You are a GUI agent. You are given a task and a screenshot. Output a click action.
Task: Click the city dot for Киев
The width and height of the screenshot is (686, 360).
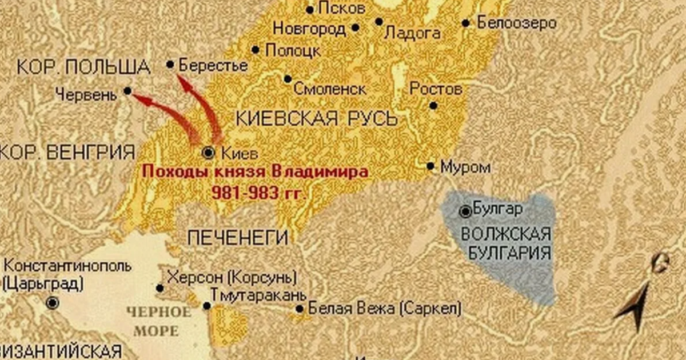[x=209, y=152]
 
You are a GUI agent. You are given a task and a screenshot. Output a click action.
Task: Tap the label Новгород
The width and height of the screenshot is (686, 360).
[x=309, y=28]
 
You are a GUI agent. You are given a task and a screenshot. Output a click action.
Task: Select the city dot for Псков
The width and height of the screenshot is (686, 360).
[x=310, y=10]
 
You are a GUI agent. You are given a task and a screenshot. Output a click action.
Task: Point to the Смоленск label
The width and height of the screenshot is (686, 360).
[x=330, y=89]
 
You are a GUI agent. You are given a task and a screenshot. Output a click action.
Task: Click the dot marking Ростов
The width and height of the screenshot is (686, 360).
[x=433, y=105]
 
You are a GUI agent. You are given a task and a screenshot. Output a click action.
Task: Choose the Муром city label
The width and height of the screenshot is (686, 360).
[x=465, y=167]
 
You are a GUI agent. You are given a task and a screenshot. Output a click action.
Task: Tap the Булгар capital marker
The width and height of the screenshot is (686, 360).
[x=466, y=211]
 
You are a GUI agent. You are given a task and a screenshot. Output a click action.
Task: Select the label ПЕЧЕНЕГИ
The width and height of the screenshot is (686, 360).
[x=238, y=237]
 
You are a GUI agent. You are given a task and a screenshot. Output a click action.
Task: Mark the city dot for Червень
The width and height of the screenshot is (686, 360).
[x=127, y=91]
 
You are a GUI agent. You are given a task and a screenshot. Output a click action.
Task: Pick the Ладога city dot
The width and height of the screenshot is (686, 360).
[x=379, y=22]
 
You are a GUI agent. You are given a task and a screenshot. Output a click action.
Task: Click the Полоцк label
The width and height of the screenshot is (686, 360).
[x=293, y=50]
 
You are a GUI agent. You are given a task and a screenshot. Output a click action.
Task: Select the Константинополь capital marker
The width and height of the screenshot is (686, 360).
[x=53, y=303]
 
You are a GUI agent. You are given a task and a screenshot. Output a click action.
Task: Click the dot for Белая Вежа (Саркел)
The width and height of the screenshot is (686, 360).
[x=300, y=309]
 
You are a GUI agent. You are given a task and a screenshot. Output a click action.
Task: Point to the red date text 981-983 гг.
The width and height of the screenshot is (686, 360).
[x=259, y=193]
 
